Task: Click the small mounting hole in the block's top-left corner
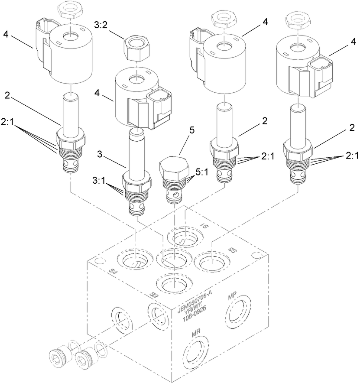[99, 261]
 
